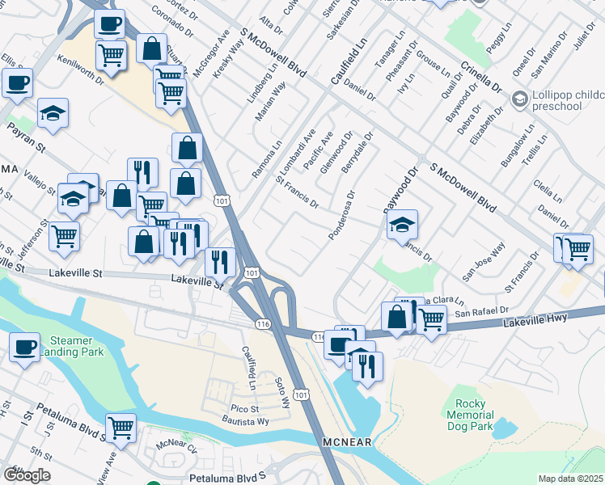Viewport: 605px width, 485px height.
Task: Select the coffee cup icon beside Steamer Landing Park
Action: [x=24, y=348]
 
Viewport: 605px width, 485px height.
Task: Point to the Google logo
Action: [x=26, y=474]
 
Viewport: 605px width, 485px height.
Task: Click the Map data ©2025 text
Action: [x=570, y=479]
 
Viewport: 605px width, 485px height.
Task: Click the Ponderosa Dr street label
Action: [x=342, y=216]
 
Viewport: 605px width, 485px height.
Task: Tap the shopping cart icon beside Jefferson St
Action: [x=64, y=236]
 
